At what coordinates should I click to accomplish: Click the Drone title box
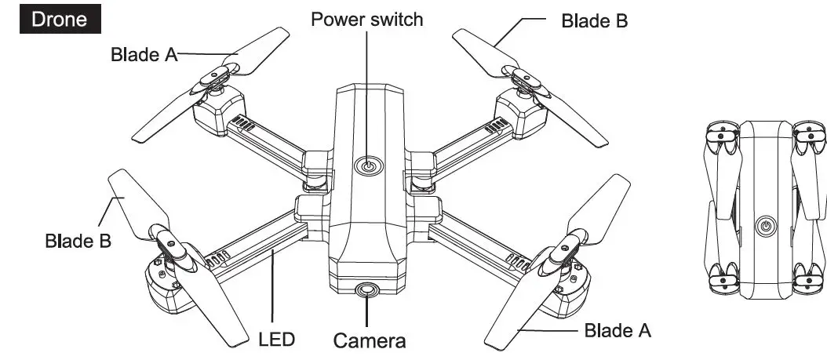click(x=60, y=20)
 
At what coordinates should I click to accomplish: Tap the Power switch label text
click(x=367, y=19)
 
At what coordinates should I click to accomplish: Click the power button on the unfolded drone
click(x=367, y=166)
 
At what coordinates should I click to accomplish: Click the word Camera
click(x=370, y=341)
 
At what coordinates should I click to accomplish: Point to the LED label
click(x=276, y=340)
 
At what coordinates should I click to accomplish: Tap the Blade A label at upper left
click(x=144, y=55)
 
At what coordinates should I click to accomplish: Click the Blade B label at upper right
click(x=594, y=21)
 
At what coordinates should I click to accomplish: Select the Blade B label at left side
click(x=78, y=240)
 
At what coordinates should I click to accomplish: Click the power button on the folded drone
click(x=766, y=227)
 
